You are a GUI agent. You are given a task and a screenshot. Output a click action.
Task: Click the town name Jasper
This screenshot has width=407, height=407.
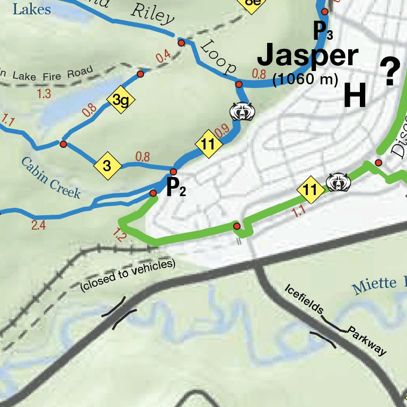click(308, 56)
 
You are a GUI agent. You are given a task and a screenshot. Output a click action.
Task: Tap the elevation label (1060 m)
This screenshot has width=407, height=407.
click(305, 80)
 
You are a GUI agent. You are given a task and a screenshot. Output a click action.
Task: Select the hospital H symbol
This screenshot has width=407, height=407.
click(355, 96)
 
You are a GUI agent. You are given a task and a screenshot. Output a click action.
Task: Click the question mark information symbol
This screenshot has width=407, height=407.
click(390, 74)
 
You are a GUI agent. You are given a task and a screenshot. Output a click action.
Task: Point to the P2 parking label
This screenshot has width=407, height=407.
click(175, 188)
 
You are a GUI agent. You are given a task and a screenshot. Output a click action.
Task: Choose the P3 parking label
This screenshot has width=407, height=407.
click(323, 31)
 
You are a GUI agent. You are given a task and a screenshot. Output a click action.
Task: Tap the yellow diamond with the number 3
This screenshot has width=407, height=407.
click(107, 166)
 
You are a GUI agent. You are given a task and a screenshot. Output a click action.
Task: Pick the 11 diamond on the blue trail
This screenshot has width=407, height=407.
click(208, 144)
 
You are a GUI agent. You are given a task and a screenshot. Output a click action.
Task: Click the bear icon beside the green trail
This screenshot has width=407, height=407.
click(339, 182)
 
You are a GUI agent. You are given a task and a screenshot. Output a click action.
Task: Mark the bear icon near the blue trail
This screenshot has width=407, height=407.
click(243, 111)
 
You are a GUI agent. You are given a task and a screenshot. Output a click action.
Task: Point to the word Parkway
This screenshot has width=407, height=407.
click(367, 342)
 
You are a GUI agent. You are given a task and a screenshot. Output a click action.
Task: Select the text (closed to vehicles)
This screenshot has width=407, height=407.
click(127, 275)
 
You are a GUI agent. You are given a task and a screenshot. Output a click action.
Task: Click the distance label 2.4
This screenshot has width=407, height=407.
click(38, 225)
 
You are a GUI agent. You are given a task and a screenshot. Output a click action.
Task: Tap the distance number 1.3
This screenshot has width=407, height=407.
click(44, 94)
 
